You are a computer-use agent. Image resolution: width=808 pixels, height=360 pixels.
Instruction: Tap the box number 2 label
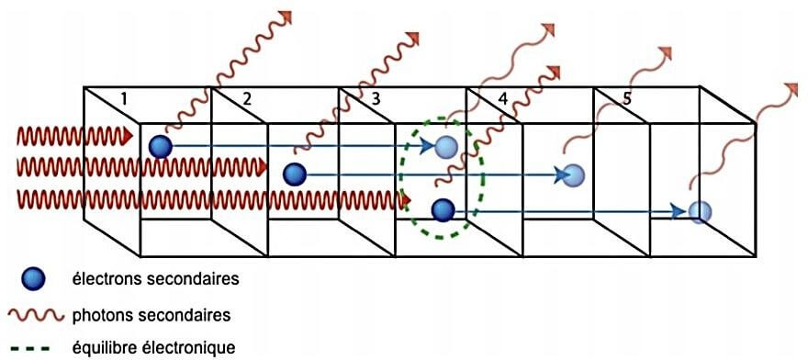[x=245, y=98]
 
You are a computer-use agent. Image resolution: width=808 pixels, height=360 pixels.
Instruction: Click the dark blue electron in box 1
[x=161, y=144]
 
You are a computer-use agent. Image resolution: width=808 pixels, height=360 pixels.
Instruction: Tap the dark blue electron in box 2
[x=294, y=173]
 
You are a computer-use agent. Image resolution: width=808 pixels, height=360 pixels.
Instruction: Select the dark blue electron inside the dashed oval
[x=443, y=210]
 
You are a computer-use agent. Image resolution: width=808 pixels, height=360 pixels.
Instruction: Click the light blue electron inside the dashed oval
[x=446, y=145]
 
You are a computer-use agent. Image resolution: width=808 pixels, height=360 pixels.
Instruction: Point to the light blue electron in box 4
[x=573, y=174]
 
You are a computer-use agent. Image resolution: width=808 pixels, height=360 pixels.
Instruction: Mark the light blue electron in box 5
[x=699, y=211]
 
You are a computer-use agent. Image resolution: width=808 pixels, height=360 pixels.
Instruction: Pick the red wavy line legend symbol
[x=36, y=315]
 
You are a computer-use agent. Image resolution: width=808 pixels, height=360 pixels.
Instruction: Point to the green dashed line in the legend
[x=36, y=347]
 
